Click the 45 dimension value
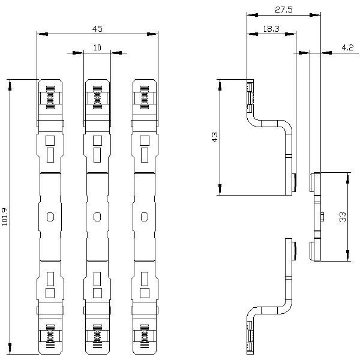click(97, 28)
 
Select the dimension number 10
click(97, 47)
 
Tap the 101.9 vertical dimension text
click(5, 217)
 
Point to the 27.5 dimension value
click(283, 10)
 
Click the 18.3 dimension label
click(271, 28)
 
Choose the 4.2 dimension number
click(347, 47)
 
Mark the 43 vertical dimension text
click(214, 137)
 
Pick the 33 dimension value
click(343, 217)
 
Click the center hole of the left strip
click(50, 216)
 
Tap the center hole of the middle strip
click(97, 216)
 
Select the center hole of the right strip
click(144, 216)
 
